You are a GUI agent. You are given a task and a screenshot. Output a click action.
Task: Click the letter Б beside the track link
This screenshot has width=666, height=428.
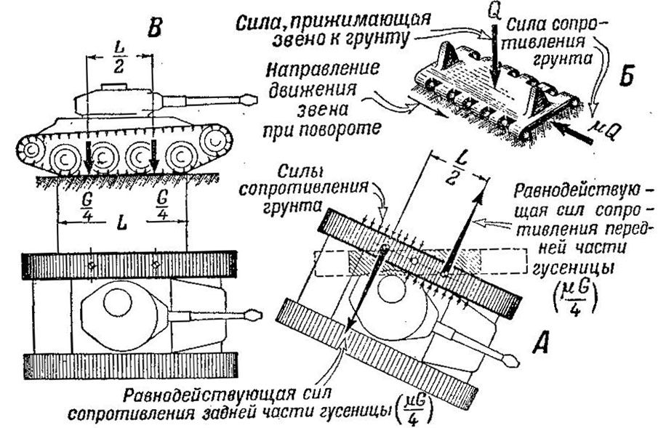(626, 76)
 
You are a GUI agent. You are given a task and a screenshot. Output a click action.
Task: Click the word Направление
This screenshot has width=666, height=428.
(322, 70)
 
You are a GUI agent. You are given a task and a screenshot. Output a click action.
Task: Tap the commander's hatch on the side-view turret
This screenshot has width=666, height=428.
(113, 86)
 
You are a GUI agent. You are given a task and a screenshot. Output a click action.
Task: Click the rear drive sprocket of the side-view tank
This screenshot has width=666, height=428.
(30, 150)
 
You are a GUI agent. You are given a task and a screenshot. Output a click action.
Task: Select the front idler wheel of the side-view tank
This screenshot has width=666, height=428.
(216, 139)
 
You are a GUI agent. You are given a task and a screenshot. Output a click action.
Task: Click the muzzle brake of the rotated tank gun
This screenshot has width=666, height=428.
(509, 359)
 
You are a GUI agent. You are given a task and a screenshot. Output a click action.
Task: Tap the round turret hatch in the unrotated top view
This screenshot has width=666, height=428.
(117, 302)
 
